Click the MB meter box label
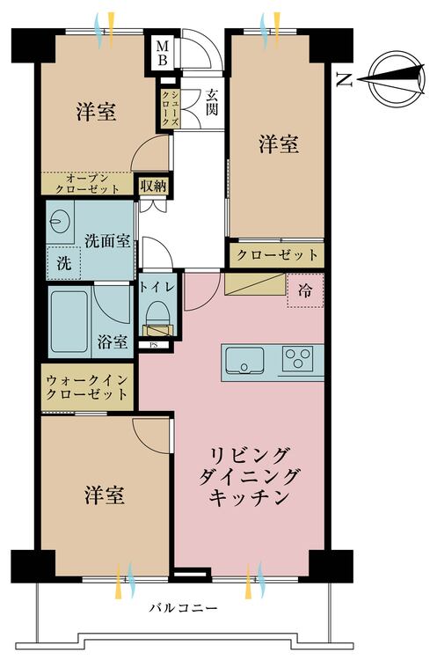point(163,53)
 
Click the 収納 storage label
point(154,186)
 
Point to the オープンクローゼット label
point(87,184)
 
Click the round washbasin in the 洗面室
point(57,221)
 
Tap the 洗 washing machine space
point(64,262)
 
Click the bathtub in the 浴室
point(69,321)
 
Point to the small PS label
point(154,345)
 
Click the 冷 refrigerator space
point(305,290)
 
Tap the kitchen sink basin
point(244,361)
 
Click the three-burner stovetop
point(298,359)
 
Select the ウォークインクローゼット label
point(87,387)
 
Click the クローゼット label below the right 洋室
point(277,254)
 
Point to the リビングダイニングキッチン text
point(248,476)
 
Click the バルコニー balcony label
point(184,608)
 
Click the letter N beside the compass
point(345,79)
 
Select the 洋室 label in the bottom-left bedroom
point(105,495)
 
